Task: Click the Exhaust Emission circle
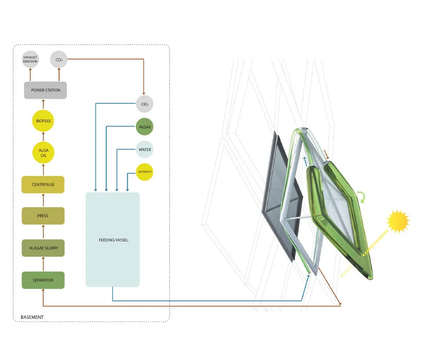[30, 59]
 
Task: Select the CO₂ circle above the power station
[59, 59]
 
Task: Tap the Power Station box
[45, 90]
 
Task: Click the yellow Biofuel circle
[43, 121]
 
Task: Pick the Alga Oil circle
[43, 153]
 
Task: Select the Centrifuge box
[43, 185]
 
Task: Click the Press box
[43, 215]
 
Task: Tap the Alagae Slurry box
[43, 248]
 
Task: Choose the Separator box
[43, 280]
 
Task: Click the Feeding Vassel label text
[114, 240]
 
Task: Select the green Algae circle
[145, 127]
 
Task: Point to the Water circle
[145, 150]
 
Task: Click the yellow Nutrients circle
[145, 172]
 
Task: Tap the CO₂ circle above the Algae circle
[145, 104]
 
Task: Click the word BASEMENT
[32, 317]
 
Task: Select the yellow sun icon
[398, 221]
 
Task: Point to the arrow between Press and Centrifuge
[43, 200]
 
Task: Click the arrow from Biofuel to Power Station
[43, 104]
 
